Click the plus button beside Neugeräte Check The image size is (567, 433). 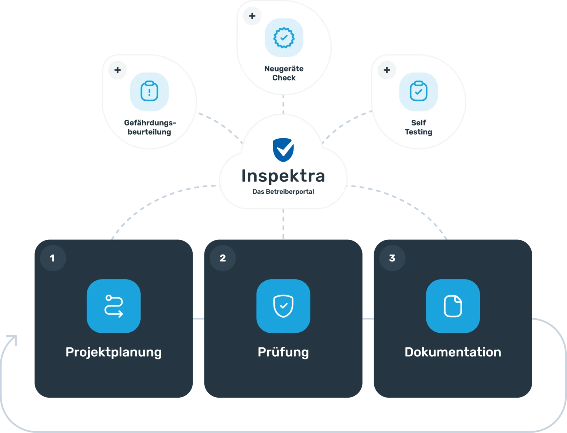tap(252, 16)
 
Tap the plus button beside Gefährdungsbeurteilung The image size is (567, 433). tap(117, 70)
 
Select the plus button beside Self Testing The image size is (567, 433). tap(387, 70)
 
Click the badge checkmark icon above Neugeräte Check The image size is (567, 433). tap(284, 38)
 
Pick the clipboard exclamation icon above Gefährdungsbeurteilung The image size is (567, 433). tap(149, 91)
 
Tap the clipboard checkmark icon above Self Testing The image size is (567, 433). tap(419, 91)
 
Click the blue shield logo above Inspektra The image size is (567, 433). tap(283, 150)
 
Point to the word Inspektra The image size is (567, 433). tap(283, 176)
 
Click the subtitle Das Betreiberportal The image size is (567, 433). tap(283, 192)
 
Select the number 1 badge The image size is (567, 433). tap(53, 258)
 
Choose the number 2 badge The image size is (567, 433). tap(223, 258)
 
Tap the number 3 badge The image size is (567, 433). tap(392, 258)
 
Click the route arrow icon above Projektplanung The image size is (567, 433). tap(114, 306)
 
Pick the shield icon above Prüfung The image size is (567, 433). tap(283, 306)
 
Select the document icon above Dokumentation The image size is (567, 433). tap(453, 306)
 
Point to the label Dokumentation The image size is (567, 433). tap(453, 352)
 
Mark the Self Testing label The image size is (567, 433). tap(419, 128)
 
